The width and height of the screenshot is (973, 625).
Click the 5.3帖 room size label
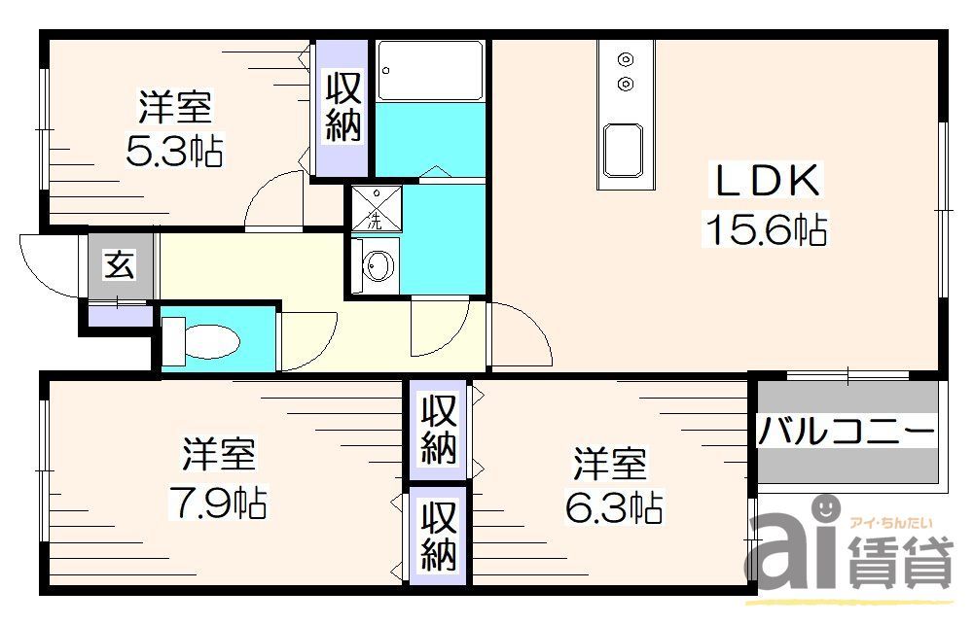click(x=174, y=152)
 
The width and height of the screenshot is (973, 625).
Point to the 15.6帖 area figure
click(x=766, y=230)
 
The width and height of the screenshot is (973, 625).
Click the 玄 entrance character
click(x=120, y=264)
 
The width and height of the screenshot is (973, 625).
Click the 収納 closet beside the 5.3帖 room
click(x=342, y=107)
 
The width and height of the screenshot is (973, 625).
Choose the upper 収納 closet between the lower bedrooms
click(x=439, y=430)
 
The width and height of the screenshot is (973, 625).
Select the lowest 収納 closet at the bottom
click(x=439, y=538)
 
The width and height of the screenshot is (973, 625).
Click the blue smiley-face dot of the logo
click(x=825, y=506)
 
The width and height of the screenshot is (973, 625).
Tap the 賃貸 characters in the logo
click(x=900, y=564)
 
